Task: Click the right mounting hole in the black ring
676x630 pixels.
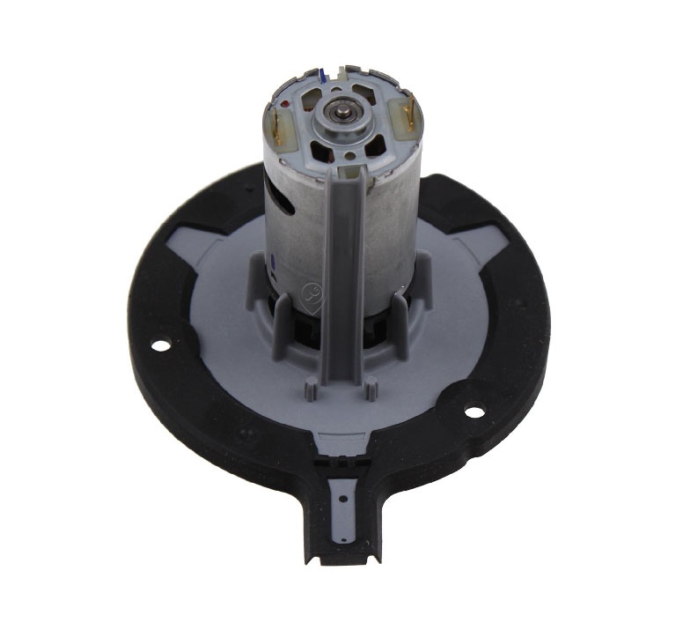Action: [x=474, y=411]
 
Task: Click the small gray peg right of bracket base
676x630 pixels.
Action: [x=371, y=385]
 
